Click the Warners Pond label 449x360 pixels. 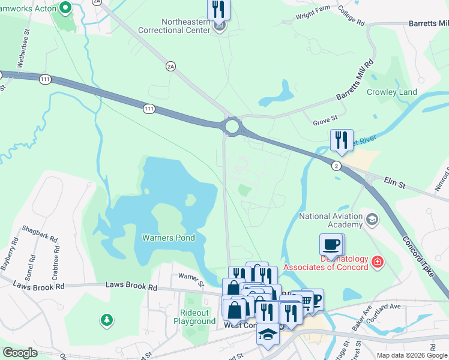point(168,238)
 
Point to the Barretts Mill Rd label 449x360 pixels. point(355,79)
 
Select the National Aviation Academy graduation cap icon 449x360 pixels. point(372,219)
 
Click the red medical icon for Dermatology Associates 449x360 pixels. point(377,262)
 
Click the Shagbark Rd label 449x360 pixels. point(40,234)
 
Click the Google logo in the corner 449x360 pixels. point(20,353)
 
